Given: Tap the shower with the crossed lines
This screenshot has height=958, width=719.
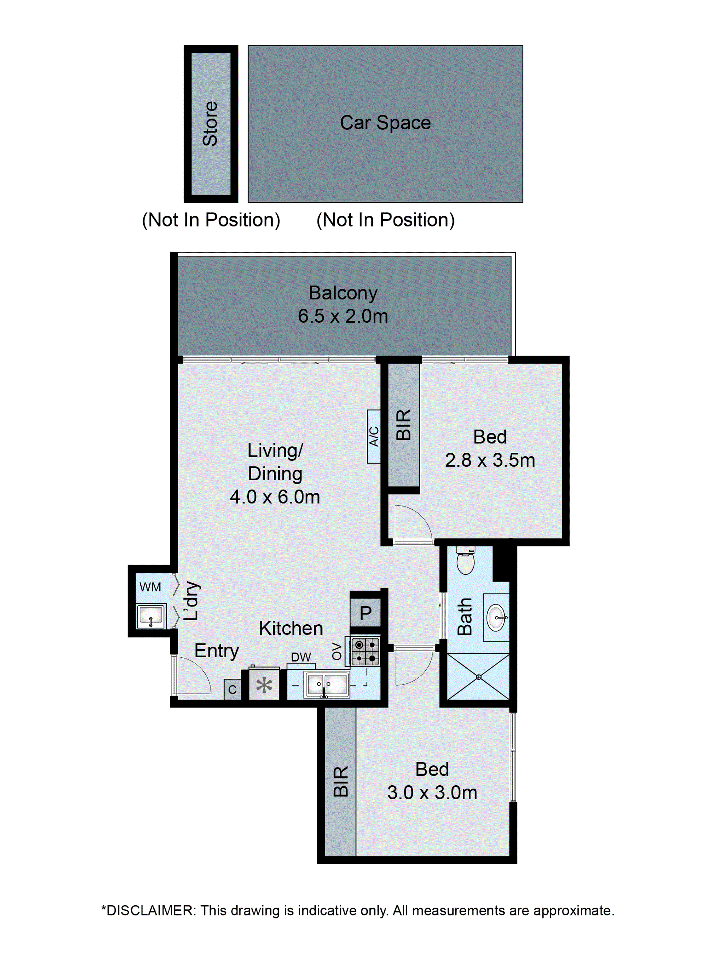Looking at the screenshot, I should [478, 677].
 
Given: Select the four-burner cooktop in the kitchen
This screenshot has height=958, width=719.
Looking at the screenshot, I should [365, 651].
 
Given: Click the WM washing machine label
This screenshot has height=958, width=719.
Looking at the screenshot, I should [150, 587].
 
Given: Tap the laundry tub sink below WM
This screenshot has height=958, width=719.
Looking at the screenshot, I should [150, 616].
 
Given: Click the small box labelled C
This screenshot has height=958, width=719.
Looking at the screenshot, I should [232, 690].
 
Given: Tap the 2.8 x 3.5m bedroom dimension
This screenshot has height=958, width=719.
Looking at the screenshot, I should [490, 460].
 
